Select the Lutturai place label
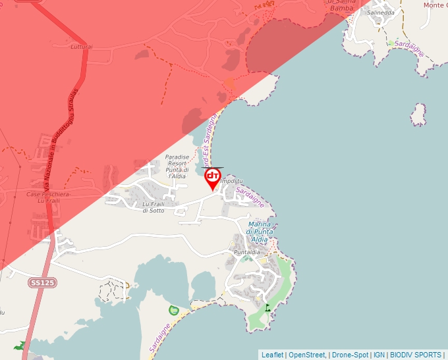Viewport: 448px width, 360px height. click(82, 47)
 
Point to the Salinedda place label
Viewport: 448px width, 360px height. click(381, 13)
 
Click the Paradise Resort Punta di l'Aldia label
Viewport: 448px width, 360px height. click(177, 167)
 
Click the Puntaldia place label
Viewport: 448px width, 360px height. click(247, 252)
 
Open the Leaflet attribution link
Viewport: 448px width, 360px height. click(272, 355)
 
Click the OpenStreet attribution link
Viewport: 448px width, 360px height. click(307, 355)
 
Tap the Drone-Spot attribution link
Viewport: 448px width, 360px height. click(350, 355)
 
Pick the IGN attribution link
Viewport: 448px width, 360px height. click(379, 355)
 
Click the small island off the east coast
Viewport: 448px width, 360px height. click(418, 115)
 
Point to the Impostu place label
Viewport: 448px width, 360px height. click(233, 180)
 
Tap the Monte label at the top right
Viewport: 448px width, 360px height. click(434, 5)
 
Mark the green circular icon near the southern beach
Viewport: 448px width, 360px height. click(174, 309)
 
